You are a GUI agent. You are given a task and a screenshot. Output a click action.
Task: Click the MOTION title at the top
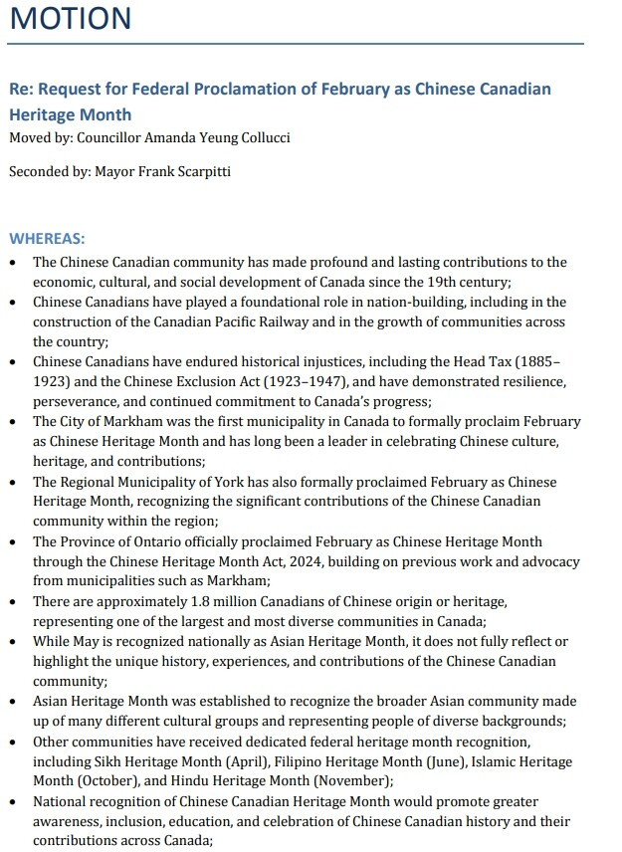[x=71, y=19]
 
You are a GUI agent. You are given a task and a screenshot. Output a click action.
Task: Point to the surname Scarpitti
[x=198, y=171]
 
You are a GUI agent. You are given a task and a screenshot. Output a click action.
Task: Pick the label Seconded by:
[x=49, y=171]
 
